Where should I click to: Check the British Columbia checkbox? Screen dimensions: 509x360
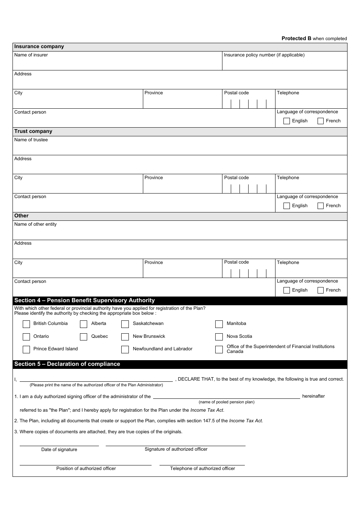[x=26, y=324]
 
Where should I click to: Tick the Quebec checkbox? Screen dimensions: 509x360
[x=83, y=337]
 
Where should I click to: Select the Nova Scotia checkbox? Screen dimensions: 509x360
[x=219, y=337]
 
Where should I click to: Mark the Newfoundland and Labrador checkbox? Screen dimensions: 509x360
[x=125, y=349]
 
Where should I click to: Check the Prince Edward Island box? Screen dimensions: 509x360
[x=26, y=349]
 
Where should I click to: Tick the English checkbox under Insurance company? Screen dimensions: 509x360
[x=286, y=121]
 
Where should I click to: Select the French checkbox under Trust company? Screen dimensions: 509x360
[x=320, y=206]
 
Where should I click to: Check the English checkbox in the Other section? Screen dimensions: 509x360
[x=286, y=290]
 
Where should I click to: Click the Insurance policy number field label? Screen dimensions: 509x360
[x=264, y=55]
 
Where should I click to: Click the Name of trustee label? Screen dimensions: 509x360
[x=31, y=140]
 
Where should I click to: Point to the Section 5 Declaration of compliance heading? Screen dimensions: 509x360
[x=67, y=364]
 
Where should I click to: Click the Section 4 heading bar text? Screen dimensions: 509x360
[x=85, y=300]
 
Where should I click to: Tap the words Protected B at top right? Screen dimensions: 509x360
[x=296, y=38]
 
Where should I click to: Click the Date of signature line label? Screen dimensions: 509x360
[x=59, y=450]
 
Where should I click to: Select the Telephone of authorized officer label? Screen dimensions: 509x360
[x=202, y=468]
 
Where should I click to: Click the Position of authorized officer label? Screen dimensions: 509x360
[x=86, y=468]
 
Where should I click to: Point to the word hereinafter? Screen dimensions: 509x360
[x=313, y=396]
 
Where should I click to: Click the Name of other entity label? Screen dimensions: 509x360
[x=35, y=224]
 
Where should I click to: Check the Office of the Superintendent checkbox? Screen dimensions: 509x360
[x=219, y=349]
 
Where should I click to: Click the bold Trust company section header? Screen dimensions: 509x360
[x=33, y=131]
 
